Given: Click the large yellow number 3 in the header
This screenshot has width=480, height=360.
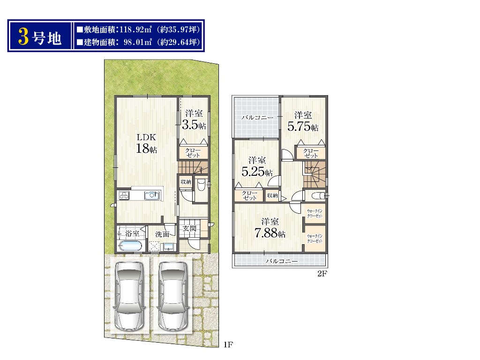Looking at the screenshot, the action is coord(23,37).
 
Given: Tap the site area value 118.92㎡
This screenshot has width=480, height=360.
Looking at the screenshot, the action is coord(135,30).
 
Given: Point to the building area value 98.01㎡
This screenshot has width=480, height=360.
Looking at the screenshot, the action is coord(138,42).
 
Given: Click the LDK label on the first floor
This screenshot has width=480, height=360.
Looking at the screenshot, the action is coord(146,137).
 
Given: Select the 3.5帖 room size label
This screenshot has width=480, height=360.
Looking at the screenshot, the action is coord(194,125).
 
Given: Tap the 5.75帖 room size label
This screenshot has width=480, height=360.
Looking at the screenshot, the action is coord(303,126).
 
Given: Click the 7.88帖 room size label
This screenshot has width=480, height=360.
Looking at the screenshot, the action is coord(270,233).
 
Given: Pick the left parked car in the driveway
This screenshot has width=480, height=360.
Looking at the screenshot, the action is coord(129,296).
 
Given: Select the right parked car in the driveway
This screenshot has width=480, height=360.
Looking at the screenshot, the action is coord(172,296).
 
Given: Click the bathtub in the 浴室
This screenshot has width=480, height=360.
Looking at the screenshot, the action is coord(130,246).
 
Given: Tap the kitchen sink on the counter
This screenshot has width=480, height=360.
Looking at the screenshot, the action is coord(152,195).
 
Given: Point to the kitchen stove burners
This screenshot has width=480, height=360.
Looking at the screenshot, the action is coord(124,195).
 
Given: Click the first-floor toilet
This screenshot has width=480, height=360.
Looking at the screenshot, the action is coord(201,185).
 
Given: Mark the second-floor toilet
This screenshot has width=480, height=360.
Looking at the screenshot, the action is coord(317,195).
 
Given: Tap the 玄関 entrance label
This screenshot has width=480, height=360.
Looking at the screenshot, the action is coord(189,228).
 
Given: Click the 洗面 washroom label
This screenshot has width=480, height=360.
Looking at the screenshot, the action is coord(162,234).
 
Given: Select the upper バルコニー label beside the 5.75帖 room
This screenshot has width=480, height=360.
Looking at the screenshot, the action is coord(257,117).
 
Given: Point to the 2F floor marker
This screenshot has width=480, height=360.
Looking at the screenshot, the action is coord(322,274).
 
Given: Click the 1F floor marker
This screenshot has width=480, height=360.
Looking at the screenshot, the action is coord(228,345).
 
